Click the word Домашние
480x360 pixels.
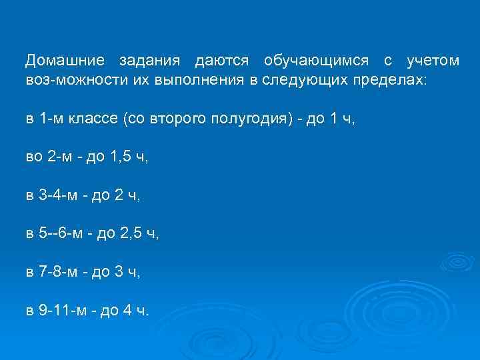pos(65,61)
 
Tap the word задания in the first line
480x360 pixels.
pos(150,61)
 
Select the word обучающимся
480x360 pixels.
pos(316,61)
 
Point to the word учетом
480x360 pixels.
pos(433,61)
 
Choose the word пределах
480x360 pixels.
pos(395,79)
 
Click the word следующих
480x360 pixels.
pos(299,79)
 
